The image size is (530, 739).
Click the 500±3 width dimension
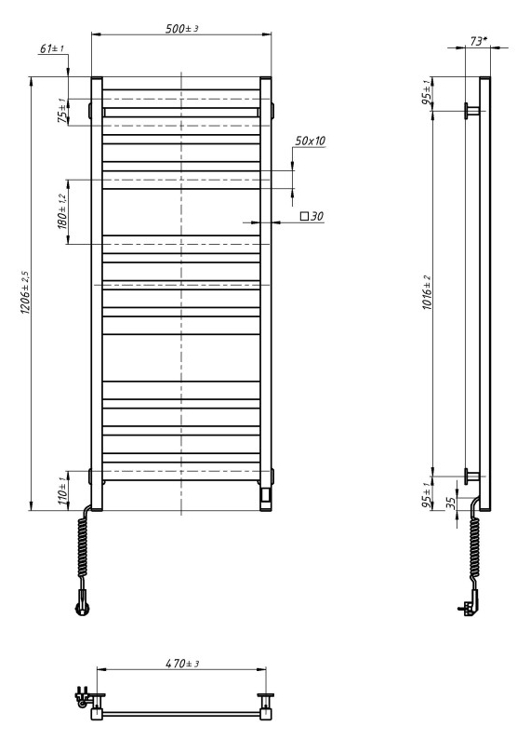[182, 29]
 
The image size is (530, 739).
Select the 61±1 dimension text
[52, 48]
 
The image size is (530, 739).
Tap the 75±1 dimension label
[62, 111]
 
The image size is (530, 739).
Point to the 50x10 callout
[310, 141]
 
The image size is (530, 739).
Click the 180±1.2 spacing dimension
[63, 212]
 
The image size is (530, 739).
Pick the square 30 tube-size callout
[311, 216]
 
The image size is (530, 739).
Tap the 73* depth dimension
[478, 42]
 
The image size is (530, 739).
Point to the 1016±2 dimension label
[426, 293]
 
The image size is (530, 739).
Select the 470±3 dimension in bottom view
[182, 664]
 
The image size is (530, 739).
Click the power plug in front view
[83, 607]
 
